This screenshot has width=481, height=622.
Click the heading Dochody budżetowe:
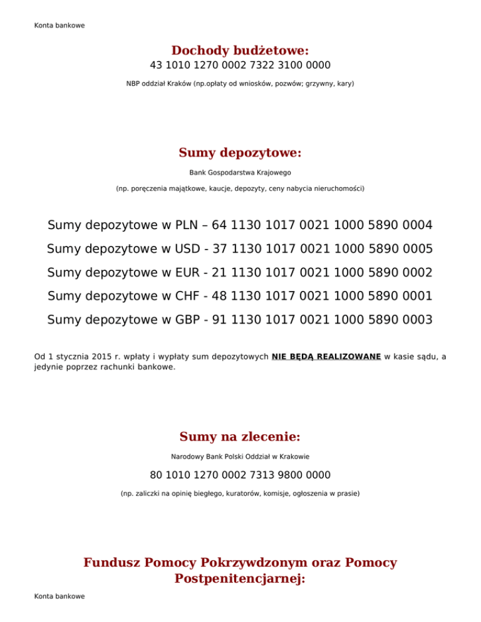(x=240, y=50)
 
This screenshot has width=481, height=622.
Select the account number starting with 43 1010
(x=240, y=65)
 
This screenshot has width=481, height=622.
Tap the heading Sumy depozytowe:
(x=240, y=153)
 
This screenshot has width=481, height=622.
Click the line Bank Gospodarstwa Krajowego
(x=240, y=172)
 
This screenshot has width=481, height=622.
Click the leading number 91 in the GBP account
(x=220, y=320)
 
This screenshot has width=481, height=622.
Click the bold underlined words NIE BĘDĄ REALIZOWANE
(x=326, y=357)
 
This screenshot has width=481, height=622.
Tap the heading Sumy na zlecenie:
(x=240, y=436)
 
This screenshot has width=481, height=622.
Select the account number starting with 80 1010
(x=240, y=475)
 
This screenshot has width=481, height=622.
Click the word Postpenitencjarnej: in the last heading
(x=240, y=579)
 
